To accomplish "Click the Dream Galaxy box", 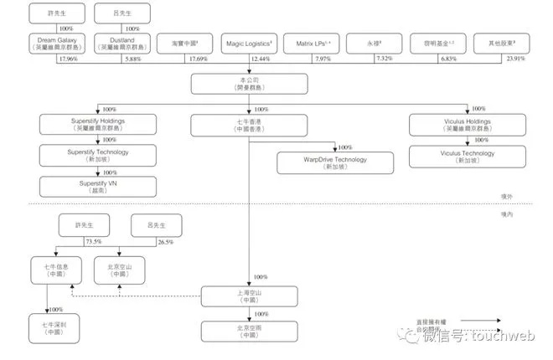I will [58, 43].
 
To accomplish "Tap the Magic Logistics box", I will [249, 43].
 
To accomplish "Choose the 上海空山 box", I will [249, 296].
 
